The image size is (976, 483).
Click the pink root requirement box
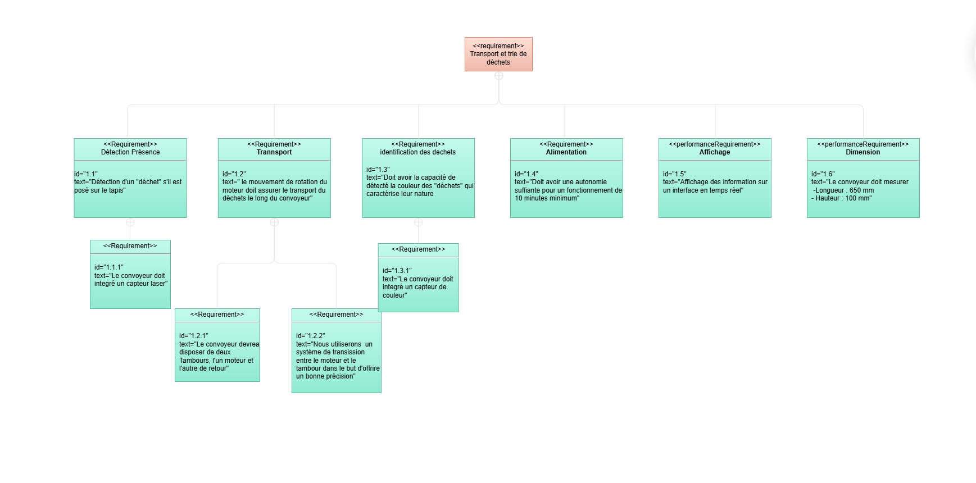[498, 54]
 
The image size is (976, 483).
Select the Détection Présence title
[130, 152]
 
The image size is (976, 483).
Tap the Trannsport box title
[274, 152]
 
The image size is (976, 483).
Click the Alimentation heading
[566, 152]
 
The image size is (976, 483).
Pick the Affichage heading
[715, 152]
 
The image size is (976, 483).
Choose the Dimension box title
[863, 152]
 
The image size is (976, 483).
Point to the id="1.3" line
[378, 170]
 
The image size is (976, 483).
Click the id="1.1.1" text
[109, 267]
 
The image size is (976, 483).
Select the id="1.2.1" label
[194, 336]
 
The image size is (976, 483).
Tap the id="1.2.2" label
[311, 336]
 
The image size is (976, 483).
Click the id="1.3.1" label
[397, 271]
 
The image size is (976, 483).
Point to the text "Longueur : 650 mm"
[844, 190]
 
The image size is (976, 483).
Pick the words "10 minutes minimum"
[547, 198]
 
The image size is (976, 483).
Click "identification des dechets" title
[418, 152]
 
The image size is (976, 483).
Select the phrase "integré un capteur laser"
[130, 284]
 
